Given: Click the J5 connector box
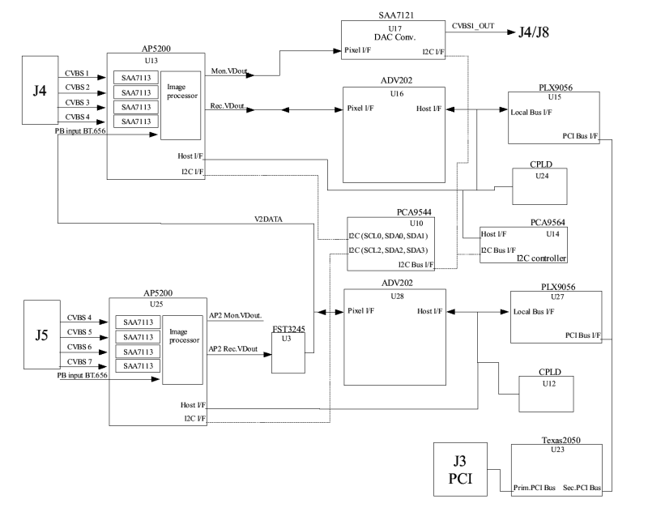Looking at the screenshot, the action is [x=42, y=335].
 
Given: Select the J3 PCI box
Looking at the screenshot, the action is [x=460, y=469].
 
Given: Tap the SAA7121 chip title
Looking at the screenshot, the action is [x=396, y=15].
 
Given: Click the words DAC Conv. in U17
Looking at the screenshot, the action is [x=394, y=37].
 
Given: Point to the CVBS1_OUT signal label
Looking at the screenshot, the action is [x=473, y=26].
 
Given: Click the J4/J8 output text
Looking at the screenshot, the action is [x=534, y=32].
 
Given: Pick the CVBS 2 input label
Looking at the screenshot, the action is [x=77, y=87].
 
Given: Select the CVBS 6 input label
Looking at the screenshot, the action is [x=79, y=347].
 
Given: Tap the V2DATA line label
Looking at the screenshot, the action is [x=268, y=219].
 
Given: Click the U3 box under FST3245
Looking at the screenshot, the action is [x=288, y=353].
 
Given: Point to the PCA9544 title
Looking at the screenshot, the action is [x=414, y=212].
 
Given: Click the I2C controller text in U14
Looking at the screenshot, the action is [x=541, y=258].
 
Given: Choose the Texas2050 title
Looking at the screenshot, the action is [x=561, y=440].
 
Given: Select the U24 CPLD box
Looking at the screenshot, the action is [x=539, y=186].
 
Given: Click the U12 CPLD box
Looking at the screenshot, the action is [x=546, y=394].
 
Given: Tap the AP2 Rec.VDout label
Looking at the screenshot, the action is [x=233, y=349].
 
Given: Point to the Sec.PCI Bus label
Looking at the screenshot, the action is [x=582, y=488].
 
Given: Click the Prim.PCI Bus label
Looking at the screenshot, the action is [x=535, y=488].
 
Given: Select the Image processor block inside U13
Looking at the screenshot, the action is [x=181, y=105].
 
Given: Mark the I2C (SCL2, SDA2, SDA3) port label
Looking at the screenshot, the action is [x=388, y=250].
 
